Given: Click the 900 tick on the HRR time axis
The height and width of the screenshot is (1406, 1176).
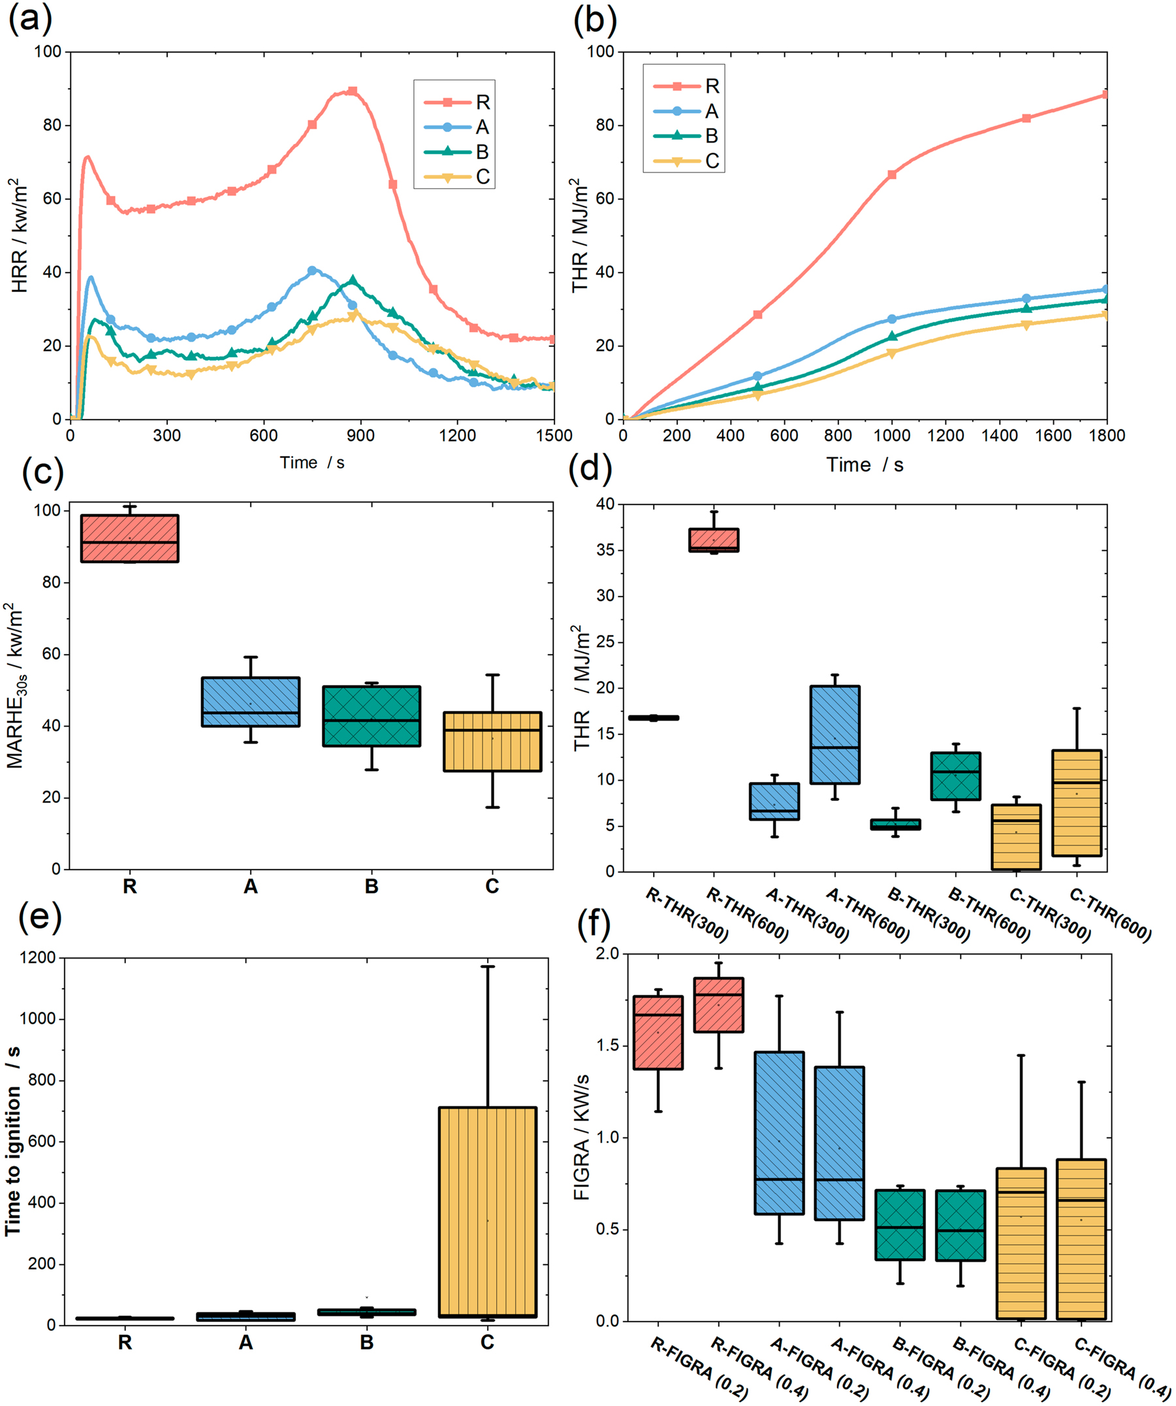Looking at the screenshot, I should click(x=360, y=436).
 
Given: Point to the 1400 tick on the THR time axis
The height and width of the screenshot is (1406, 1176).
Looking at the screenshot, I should click(x=999, y=436).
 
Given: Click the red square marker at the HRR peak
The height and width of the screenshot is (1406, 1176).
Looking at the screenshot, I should click(x=352, y=91).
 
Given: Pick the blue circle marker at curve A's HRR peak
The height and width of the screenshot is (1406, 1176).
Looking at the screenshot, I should click(x=312, y=271).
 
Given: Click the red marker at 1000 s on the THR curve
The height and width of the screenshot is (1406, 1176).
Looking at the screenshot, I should click(x=891, y=174).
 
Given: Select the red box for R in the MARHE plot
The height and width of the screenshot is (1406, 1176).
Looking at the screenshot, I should click(x=129, y=538).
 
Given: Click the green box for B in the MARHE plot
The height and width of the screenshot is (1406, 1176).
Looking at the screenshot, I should click(x=372, y=715).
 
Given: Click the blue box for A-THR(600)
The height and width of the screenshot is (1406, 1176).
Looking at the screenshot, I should click(x=834, y=734).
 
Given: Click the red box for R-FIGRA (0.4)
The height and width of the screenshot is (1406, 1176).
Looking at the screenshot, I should click(x=718, y=1005).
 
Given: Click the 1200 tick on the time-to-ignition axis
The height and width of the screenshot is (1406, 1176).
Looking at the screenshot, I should click(x=37, y=958).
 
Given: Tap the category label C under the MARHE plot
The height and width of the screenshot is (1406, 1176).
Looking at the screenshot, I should click(x=492, y=887).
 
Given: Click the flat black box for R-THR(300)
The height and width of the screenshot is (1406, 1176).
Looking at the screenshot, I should click(x=653, y=718).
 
